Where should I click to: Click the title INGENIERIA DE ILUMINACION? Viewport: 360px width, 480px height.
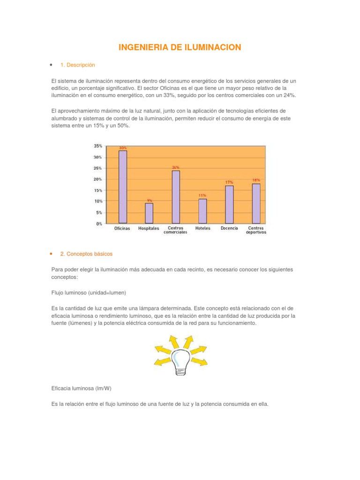coord(180,47)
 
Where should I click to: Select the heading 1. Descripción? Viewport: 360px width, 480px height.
coord(78,65)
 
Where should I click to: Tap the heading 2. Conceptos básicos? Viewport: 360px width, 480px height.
coord(87,254)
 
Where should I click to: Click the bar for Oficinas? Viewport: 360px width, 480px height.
coord(122,187)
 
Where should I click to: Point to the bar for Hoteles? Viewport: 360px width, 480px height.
coord(202,211)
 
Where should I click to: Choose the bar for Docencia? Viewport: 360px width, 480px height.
coord(229,204)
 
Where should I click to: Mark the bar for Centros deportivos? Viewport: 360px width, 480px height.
coord(256,203)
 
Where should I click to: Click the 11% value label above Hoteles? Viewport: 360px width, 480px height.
coord(202,195)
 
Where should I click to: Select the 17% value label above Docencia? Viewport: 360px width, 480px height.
coord(229,182)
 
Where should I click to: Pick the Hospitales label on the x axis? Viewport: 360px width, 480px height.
coord(149,229)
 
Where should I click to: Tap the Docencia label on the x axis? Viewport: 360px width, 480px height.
coord(229,229)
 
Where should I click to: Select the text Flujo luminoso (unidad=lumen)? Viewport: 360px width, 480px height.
coord(89,292)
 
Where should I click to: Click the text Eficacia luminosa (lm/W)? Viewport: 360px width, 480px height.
coord(82,388)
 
